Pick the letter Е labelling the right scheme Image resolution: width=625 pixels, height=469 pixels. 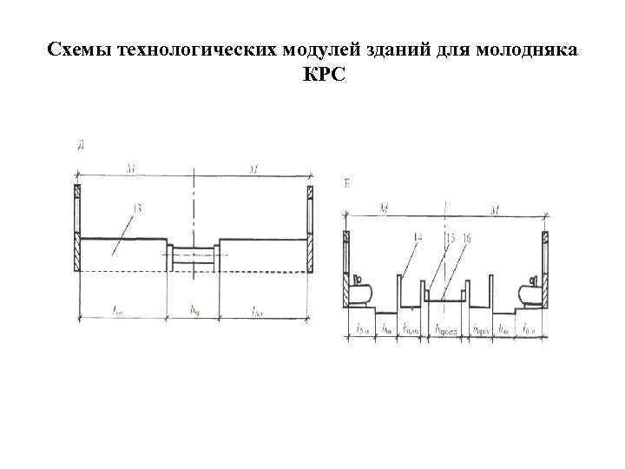coord(347,183)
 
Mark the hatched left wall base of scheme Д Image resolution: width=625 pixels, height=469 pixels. coord(76,256)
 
